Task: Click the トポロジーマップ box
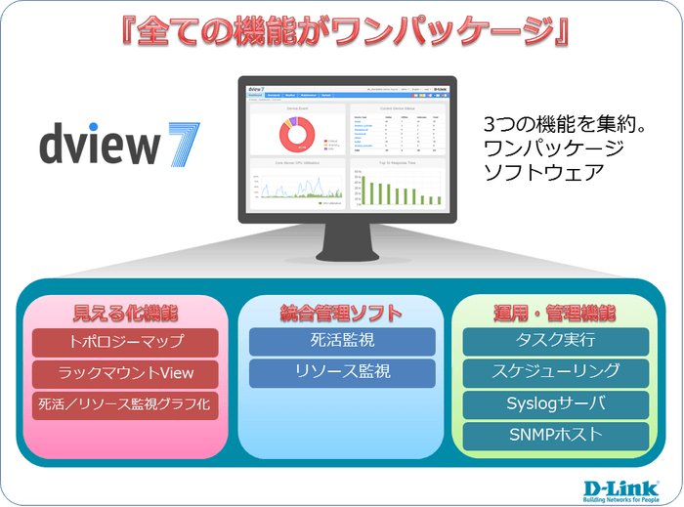(x=124, y=343)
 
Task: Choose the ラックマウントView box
(x=124, y=373)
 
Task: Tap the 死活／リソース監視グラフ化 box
(x=124, y=402)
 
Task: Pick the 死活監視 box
(x=341, y=342)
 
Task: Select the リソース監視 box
(x=341, y=372)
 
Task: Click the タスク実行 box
(x=555, y=341)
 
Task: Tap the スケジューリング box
(x=555, y=371)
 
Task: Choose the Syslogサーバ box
(x=555, y=403)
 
